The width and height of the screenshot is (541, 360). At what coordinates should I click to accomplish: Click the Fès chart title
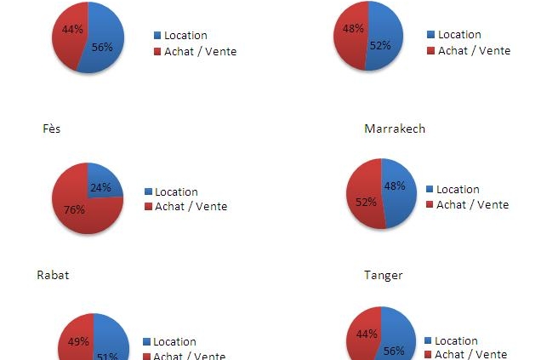52,129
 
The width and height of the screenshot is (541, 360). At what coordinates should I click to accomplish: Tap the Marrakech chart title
394,129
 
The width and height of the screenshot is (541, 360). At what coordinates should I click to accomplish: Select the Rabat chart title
53,275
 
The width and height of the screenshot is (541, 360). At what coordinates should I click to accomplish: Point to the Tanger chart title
383,275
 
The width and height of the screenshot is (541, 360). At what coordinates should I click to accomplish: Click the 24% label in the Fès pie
100,187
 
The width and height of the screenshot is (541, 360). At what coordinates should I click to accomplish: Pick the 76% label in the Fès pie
75,209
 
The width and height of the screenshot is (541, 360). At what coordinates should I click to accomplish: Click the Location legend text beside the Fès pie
175,192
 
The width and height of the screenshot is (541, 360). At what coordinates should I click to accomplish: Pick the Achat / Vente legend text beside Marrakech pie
472,205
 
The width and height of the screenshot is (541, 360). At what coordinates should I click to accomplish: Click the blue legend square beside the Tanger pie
428,340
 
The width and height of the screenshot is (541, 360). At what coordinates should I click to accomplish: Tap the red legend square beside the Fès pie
148,207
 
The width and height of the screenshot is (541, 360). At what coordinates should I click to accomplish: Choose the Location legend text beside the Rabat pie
174,342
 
